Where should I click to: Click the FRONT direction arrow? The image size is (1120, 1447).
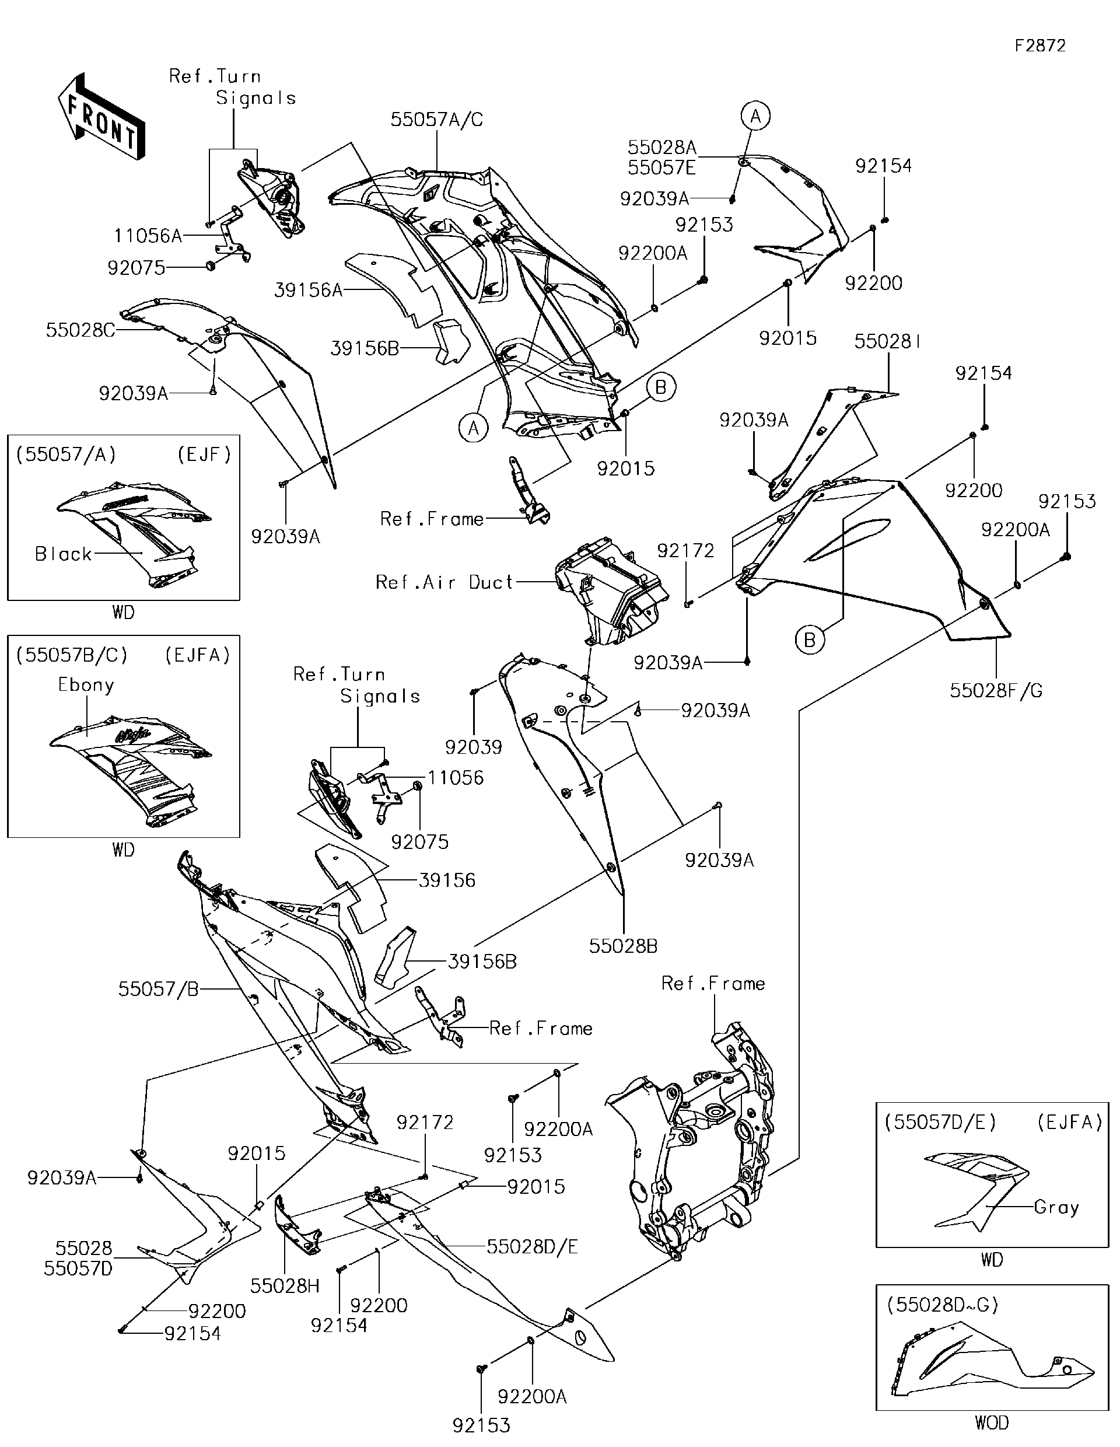point(101,117)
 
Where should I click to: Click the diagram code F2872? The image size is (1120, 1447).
point(1040,46)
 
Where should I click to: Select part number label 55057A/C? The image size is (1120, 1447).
point(436,120)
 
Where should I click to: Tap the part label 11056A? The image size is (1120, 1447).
point(148,236)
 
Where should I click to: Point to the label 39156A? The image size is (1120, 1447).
point(308,290)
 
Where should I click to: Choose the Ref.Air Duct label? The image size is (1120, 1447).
point(444,582)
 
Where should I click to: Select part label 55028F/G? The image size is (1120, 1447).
point(996,690)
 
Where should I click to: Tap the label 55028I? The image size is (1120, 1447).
point(887,342)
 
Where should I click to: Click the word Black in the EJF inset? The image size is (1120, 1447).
point(64,554)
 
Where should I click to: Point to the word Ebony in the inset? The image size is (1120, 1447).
point(86,685)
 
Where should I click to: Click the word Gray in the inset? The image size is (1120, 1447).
point(1056,1207)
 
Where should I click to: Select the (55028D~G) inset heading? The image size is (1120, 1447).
point(942,1305)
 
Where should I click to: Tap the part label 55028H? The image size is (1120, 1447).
point(285,1286)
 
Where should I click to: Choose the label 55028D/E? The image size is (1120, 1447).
point(532,1247)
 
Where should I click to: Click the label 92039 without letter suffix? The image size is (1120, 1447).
point(474,747)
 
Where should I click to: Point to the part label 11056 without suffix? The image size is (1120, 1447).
point(456,778)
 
